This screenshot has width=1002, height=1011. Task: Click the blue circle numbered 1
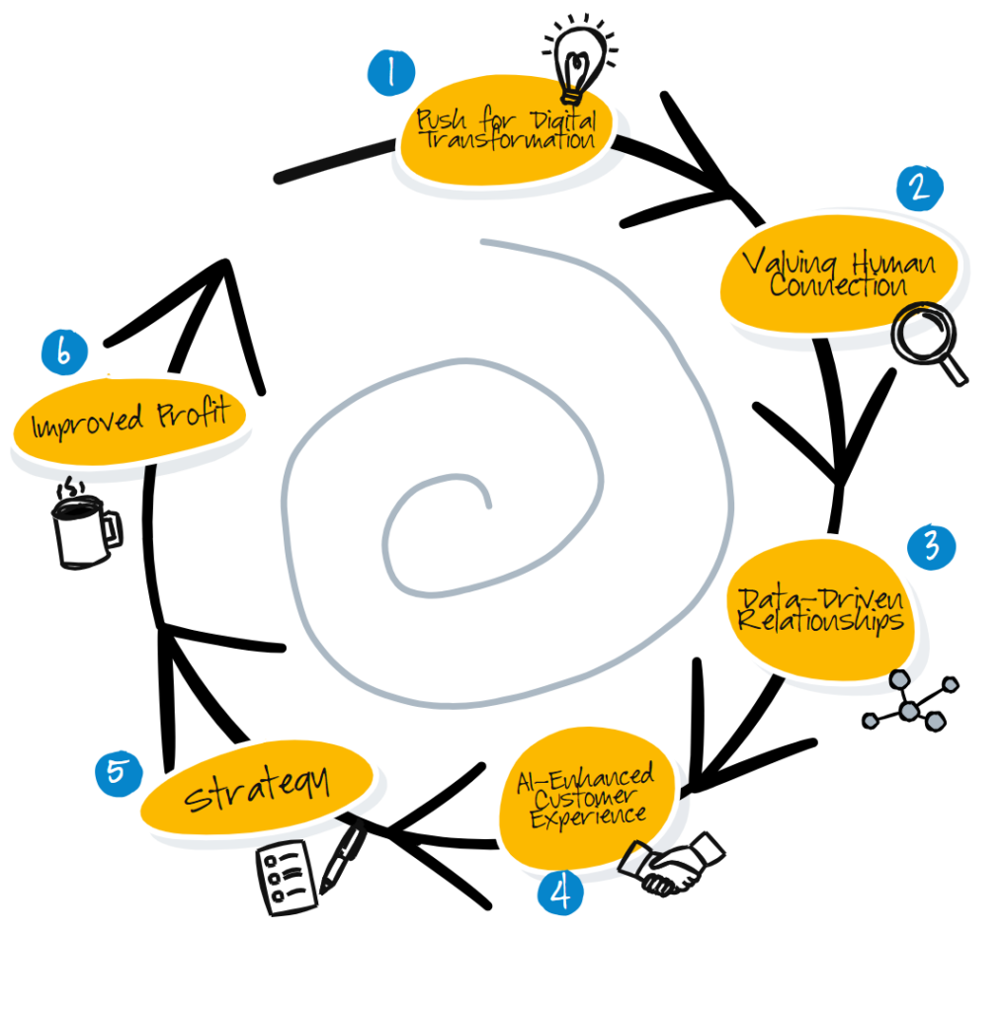pos(391,72)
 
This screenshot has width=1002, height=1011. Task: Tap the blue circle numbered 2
pos(920,189)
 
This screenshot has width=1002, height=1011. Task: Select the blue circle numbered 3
pos(931,547)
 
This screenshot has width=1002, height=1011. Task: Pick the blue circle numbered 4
pos(560,893)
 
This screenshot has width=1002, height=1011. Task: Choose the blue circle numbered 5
pos(119,773)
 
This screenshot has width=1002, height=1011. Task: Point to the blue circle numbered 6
pos(64,352)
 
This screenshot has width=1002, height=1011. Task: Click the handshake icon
pos(672,864)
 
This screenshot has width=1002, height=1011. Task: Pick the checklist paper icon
pos(287,878)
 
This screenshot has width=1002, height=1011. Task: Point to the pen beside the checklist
pos(343,859)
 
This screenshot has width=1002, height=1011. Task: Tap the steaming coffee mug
pos(86,523)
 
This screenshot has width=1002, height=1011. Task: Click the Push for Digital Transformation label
pos(506,129)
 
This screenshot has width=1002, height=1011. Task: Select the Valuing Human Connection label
pos(838,272)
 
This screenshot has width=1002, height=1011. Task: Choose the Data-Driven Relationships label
pos(820,610)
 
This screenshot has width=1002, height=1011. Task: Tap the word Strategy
pos(258,789)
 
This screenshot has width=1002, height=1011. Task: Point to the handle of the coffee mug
pos(113,530)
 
